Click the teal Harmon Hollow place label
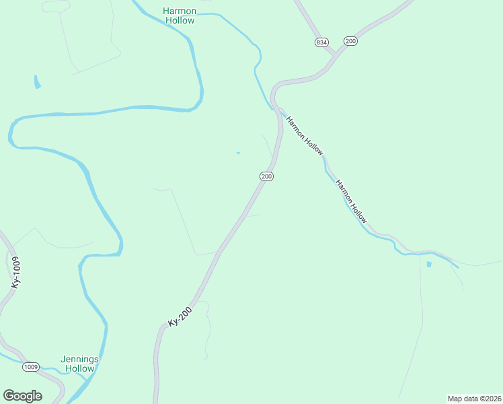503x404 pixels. click(x=179, y=15)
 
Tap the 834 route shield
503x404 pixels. click(x=321, y=42)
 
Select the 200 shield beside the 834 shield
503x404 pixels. click(x=350, y=41)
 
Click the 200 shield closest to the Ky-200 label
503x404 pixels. click(x=266, y=176)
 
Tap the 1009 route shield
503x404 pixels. click(x=31, y=367)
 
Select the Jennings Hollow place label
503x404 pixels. click(x=79, y=364)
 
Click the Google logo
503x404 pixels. click(x=22, y=396)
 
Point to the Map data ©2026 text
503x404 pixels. click(x=474, y=398)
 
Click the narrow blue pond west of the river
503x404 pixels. click(x=37, y=82)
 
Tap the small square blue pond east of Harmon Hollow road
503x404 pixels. click(x=429, y=264)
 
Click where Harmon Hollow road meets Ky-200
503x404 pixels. click(x=277, y=108)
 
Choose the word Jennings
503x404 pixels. click(x=79, y=359)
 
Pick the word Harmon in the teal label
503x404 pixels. click(x=179, y=11)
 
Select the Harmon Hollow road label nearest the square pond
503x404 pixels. click(x=352, y=202)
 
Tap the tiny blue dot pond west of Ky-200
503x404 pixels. click(x=237, y=153)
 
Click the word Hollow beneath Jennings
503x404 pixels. click(x=79, y=368)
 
